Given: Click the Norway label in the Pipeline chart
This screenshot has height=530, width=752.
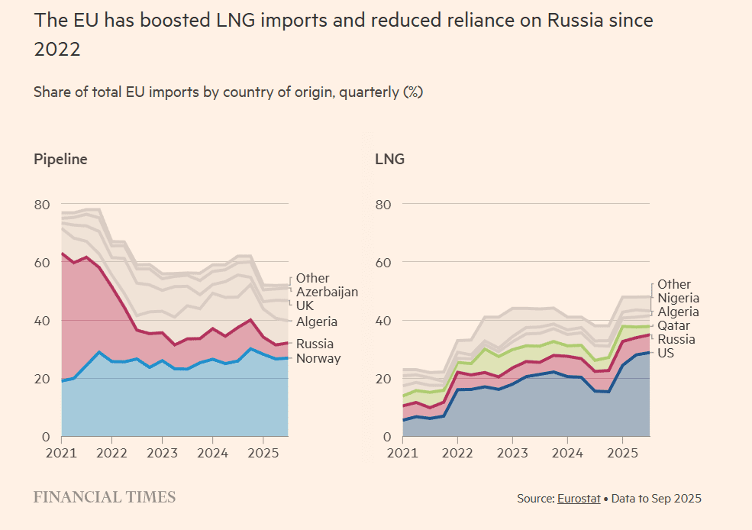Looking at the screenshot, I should [x=318, y=358].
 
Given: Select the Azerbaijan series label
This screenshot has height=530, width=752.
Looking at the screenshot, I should [x=327, y=292].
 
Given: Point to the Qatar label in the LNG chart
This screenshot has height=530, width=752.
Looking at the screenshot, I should [x=673, y=325].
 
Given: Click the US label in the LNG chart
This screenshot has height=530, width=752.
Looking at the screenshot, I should [x=666, y=353].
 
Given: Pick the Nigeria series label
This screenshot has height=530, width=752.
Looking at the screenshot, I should [x=678, y=298].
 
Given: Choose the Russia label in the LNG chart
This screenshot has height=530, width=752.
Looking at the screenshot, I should [x=676, y=339].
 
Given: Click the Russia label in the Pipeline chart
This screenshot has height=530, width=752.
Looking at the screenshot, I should [x=315, y=344].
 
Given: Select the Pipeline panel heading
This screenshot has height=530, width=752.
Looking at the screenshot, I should [x=60, y=160].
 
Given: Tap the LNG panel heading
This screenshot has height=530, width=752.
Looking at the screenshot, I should [x=389, y=160].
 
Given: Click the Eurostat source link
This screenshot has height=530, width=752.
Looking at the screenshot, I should [x=579, y=499].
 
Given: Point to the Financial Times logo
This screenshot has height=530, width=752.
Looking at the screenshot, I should [x=105, y=497].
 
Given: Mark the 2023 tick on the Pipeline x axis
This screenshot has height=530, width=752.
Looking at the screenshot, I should [x=162, y=452].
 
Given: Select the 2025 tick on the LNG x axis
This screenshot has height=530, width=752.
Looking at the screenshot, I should [x=622, y=452].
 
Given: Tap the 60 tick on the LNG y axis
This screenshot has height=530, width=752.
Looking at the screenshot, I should [x=383, y=263].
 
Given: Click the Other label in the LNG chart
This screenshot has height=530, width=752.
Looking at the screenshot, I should [x=674, y=284].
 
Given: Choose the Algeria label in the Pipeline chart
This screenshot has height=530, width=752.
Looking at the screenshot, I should [x=317, y=322].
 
